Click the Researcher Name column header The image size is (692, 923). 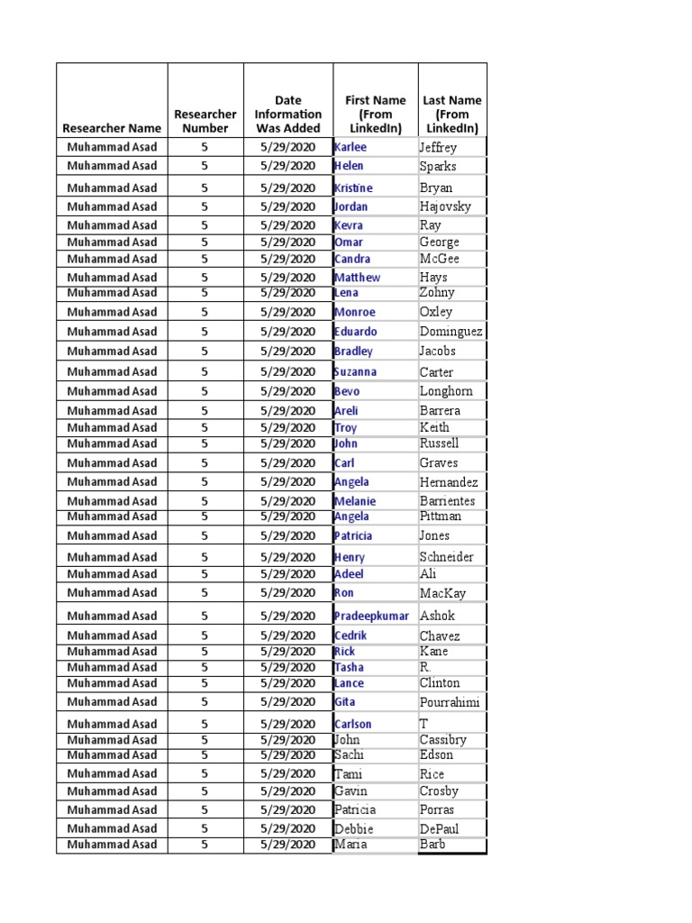112,128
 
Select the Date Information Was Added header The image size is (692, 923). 287,114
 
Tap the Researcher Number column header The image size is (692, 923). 205,121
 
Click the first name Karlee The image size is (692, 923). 351,147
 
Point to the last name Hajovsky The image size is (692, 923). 445,206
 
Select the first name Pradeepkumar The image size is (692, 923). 371,616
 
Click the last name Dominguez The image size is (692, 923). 451,332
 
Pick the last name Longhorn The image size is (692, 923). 446,391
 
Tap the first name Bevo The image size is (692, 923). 347,391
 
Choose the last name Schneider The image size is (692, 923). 446,557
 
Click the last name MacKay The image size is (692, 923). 441,593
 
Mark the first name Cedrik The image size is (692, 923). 351,635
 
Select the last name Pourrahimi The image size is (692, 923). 450,702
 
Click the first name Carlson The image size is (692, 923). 352,724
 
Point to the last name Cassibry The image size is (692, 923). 443,740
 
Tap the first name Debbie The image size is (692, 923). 353,828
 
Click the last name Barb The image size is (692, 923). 432,845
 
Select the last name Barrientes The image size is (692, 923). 447,501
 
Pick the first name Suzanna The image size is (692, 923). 355,371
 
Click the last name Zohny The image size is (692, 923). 437,292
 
